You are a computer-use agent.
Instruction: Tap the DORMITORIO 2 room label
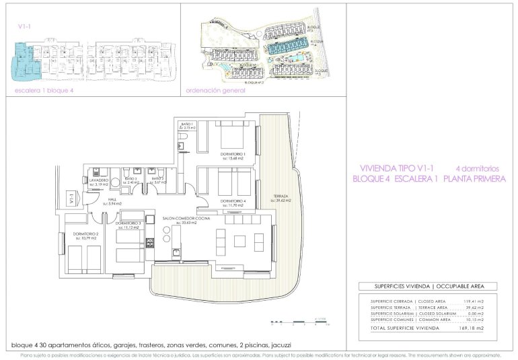coord(86,233)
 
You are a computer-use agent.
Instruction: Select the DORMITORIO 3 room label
coord(127,223)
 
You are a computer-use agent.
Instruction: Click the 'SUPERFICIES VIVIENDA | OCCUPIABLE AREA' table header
coord(426,286)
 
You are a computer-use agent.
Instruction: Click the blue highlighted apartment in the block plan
coord(26,62)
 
